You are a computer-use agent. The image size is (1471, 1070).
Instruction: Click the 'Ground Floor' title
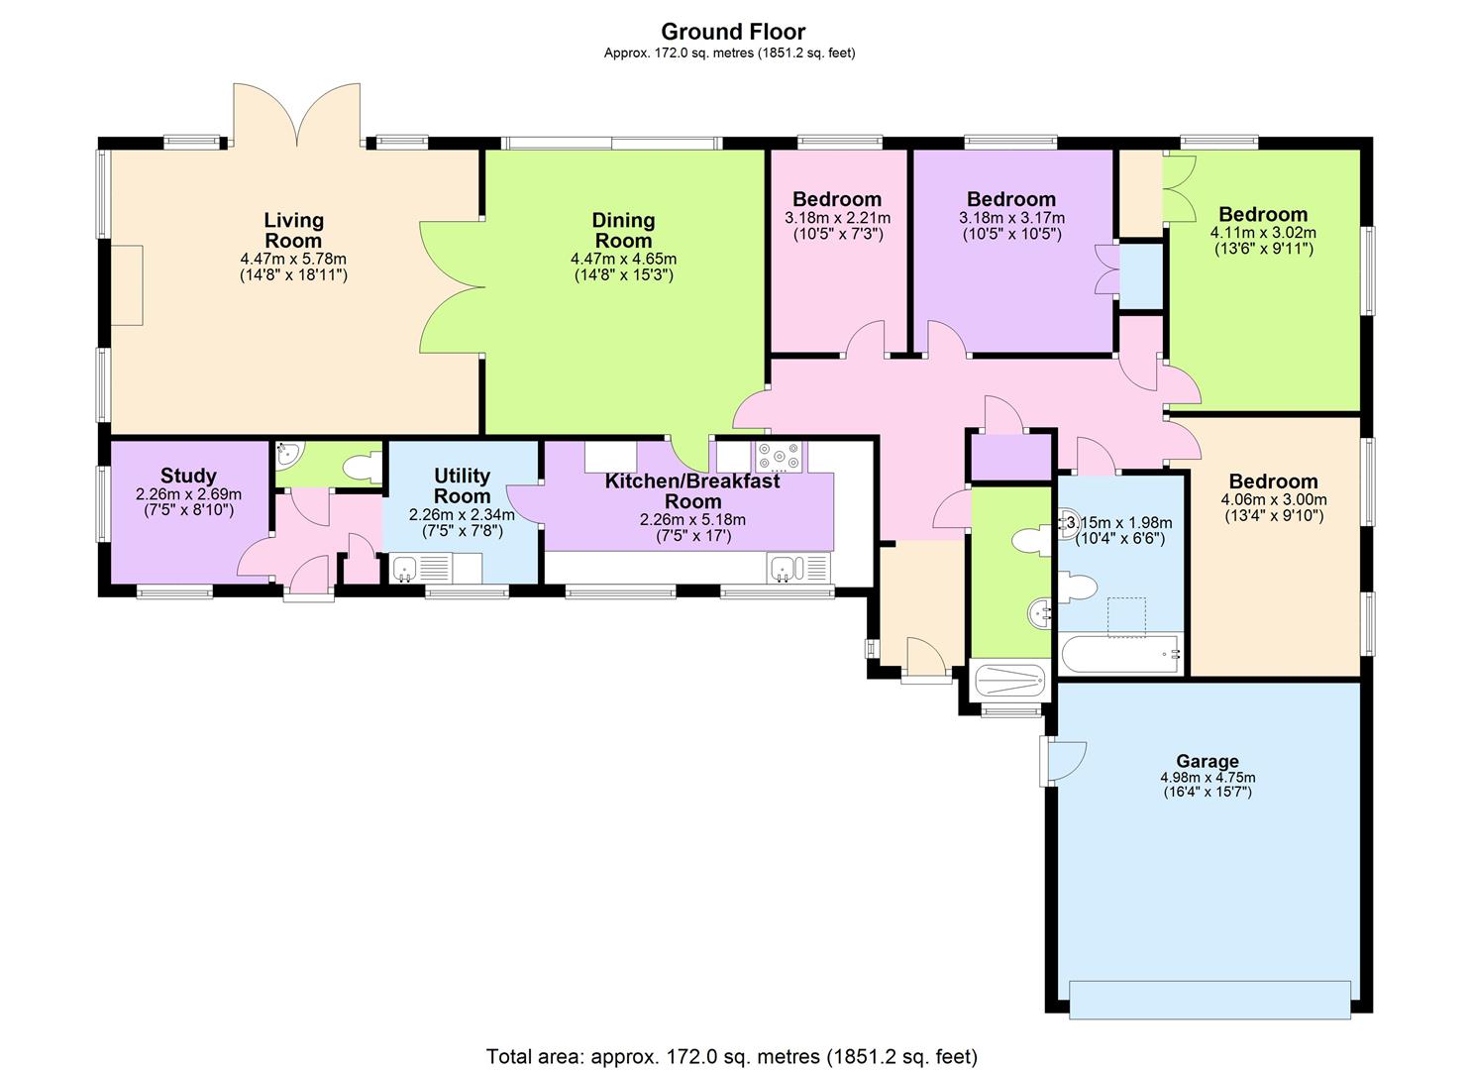point(733,32)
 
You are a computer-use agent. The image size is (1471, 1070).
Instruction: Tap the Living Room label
point(293,230)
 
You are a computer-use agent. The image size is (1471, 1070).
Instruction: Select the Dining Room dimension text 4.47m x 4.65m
point(623,259)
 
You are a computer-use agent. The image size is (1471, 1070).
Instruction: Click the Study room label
point(188,477)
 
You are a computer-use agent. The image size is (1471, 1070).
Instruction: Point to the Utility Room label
point(463,485)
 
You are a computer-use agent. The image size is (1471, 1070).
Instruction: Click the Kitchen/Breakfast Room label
point(692,490)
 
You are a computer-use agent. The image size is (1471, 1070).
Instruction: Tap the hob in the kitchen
point(781,457)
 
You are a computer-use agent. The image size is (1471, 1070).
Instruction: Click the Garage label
point(1208,761)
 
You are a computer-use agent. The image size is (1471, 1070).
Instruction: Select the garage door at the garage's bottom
point(1209,999)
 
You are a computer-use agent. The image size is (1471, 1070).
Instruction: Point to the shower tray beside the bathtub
point(1009,682)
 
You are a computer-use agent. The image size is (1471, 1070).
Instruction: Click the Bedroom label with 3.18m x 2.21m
point(837,199)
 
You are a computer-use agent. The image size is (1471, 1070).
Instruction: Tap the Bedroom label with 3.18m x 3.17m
point(1011,199)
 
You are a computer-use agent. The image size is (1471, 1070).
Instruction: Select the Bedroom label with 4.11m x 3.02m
point(1263,214)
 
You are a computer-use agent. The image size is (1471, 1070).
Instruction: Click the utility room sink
point(404,569)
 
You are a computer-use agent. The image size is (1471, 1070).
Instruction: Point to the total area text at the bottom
point(732,1055)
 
